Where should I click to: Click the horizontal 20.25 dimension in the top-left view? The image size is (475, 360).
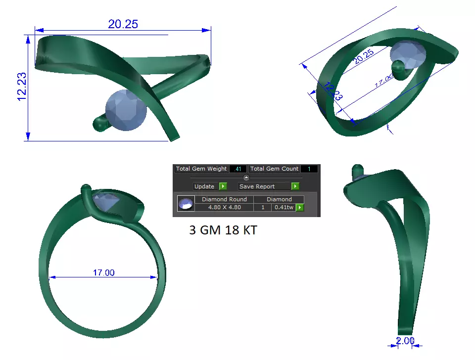click(123, 24)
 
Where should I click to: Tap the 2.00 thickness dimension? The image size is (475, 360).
click(405, 341)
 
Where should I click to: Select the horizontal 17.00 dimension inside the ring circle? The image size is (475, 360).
click(103, 272)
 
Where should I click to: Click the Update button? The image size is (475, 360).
click(204, 186)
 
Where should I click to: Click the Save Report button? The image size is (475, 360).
click(264, 186)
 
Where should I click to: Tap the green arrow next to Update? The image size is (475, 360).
click(223, 186)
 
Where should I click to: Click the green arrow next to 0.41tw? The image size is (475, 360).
click(299, 208)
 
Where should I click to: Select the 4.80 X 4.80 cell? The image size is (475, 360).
click(224, 208)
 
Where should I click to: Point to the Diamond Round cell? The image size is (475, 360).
click(224, 199)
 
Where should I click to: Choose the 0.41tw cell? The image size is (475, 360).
click(283, 208)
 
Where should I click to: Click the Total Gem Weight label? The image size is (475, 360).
click(201, 169)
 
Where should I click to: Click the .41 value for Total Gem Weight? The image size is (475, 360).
click(238, 169)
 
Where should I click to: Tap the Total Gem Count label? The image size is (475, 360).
click(274, 169)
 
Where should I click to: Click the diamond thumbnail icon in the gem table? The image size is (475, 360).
click(186, 204)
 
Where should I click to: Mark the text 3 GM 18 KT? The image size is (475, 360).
click(223, 230)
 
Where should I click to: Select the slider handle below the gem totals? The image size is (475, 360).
click(246, 178)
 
